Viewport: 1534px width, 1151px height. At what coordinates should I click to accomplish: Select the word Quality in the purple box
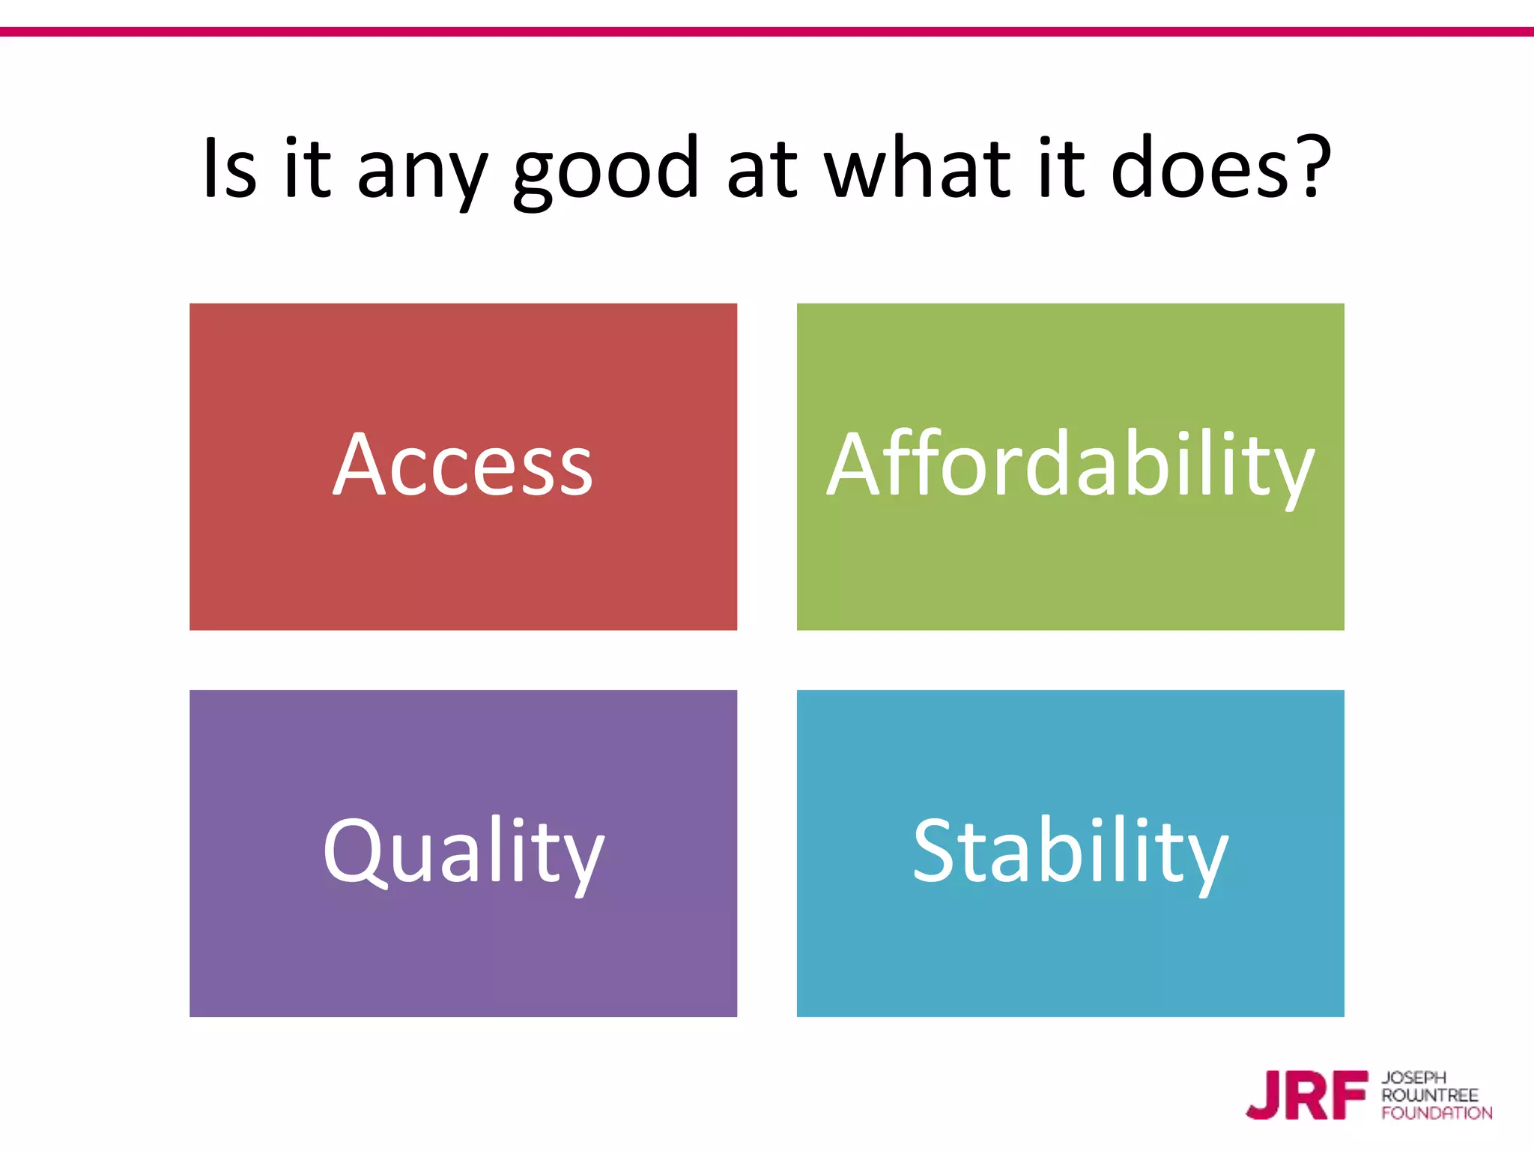coord(463,853)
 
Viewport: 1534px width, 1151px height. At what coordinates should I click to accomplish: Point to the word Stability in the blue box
coord(1070,853)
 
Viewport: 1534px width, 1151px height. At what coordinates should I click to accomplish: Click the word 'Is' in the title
coord(229,168)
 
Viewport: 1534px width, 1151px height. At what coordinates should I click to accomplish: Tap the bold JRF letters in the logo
coord(1307,1096)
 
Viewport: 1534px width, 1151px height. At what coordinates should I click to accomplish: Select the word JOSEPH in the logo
coord(1413,1078)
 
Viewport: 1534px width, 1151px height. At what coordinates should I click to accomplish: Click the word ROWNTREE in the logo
coord(1429,1096)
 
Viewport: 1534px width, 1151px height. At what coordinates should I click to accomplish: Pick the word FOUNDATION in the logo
coord(1437,1114)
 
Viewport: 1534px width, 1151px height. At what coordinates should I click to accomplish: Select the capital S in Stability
coord(936,850)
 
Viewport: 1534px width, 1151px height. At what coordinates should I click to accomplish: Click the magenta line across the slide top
coord(767,31)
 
